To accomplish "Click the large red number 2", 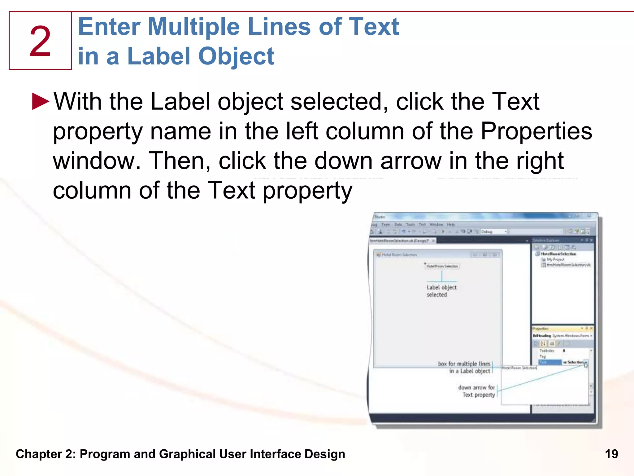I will pos(40,41).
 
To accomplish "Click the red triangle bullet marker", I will pos(41,101).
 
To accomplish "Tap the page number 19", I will pos(611,454).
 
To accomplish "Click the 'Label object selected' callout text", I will pos(441,291).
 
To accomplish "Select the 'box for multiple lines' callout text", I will pos(464,364).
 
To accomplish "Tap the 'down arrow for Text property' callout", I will pos(476,391).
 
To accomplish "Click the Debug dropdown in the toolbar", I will pos(493,231).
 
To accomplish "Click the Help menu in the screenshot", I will pos(451,224).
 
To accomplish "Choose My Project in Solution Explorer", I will pos(555,259).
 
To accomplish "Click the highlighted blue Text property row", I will pos(550,362).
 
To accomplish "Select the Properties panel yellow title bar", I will pos(557,328).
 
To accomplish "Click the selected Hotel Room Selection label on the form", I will pos(442,266).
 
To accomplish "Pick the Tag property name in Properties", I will pos(543,356).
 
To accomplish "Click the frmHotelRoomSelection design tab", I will pos(399,241).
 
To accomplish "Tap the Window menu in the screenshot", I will pos(436,224).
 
